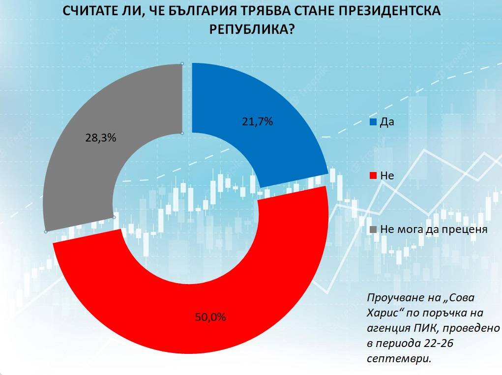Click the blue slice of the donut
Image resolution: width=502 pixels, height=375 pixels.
point(275,143)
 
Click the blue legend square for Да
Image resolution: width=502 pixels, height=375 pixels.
point(373,122)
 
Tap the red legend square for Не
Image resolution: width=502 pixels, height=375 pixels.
point(373,175)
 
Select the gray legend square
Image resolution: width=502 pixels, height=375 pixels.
point(373,230)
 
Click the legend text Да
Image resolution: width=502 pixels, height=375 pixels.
point(387,122)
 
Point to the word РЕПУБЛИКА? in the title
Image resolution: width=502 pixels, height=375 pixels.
point(251,30)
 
